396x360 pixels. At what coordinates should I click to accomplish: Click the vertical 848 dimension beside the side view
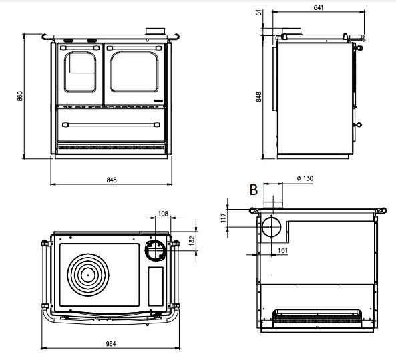(259, 95)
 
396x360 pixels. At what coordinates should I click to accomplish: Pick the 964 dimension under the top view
(111, 343)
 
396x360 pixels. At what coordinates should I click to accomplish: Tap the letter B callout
(253, 190)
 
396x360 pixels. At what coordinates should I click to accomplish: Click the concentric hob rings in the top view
(89, 274)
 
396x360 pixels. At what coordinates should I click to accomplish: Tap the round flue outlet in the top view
(156, 250)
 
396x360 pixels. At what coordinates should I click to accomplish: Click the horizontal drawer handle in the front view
(110, 124)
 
